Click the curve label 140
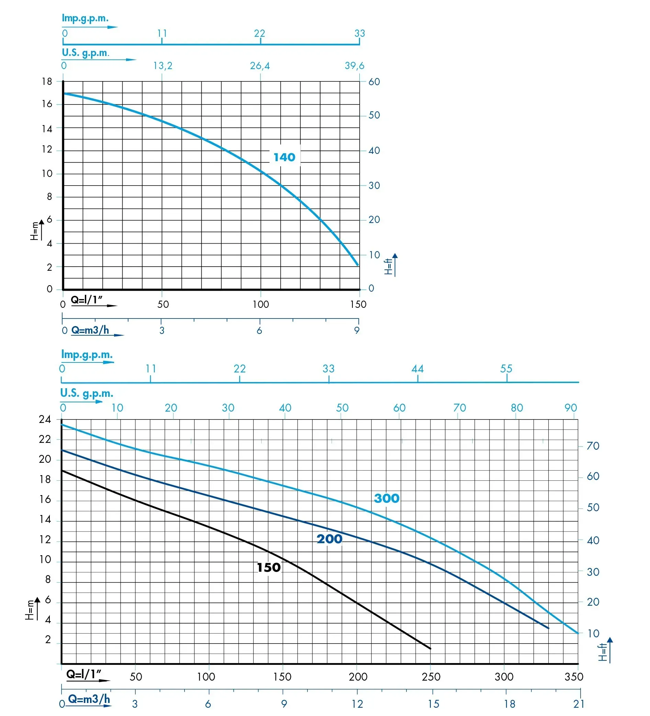[284, 157]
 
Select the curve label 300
[386, 498]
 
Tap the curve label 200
[329, 539]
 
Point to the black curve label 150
[269, 567]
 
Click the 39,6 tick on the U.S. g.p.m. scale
[355, 66]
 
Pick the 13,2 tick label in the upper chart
[163, 66]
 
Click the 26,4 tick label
[260, 66]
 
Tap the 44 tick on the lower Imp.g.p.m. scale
[417, 369]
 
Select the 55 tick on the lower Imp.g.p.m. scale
[506, 369]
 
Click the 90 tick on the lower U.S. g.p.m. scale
[571, 408]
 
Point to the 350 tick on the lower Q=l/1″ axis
[574, 676]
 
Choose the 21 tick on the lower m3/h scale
[579, 704]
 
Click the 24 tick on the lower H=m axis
[45, 419]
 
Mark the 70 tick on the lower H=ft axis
[593, 446]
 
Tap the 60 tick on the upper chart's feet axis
[374, 82]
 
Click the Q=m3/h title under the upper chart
[90, 330]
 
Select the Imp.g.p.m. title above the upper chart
[85, 18]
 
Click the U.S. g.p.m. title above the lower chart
[87, 393]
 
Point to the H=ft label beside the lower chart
[602, 652]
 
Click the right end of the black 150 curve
[430, 649]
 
